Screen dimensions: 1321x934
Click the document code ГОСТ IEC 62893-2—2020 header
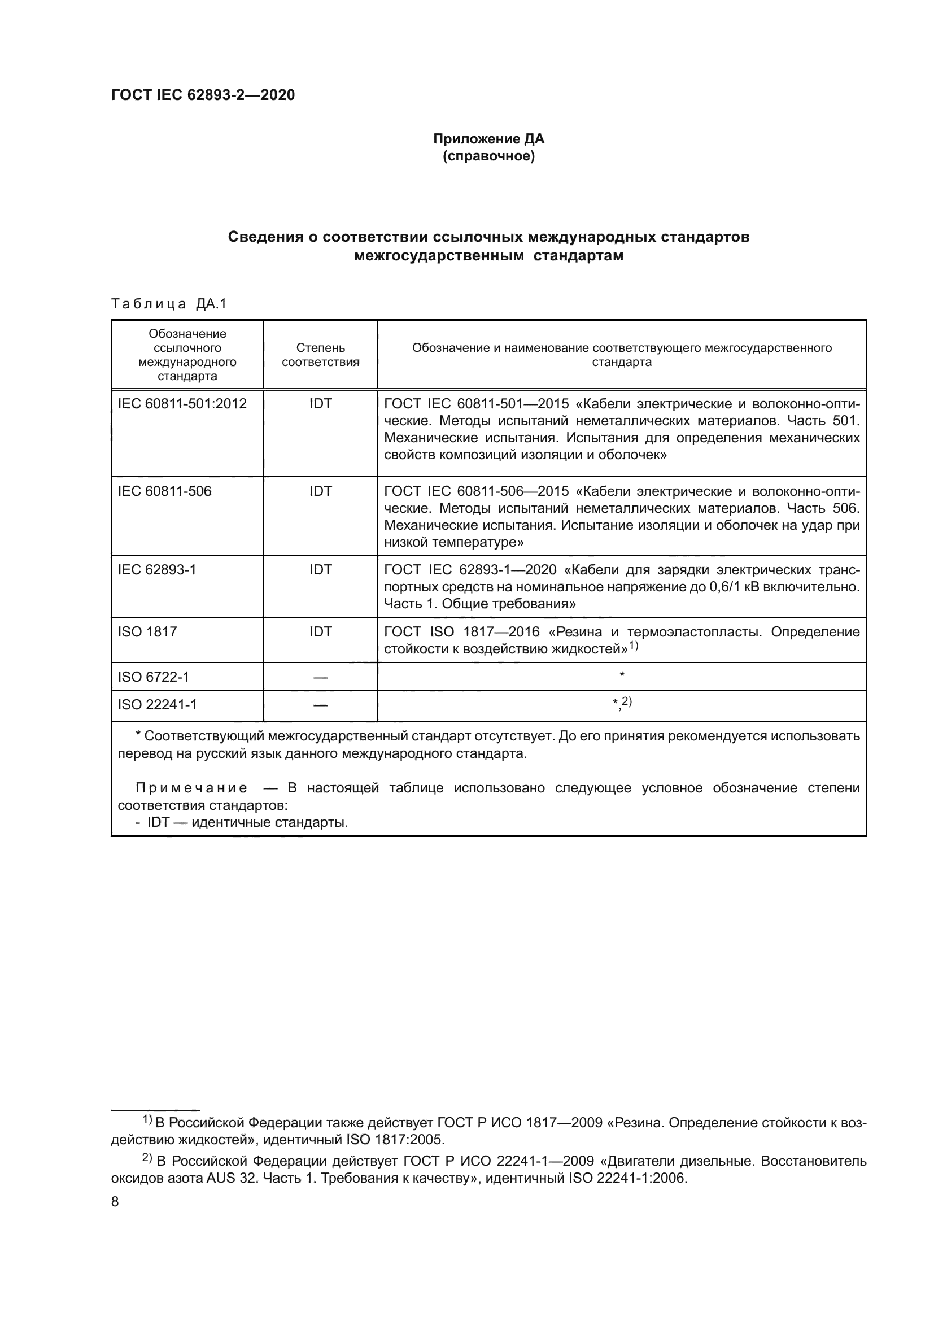(x=203, y=95)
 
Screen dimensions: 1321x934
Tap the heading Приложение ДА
(x=488, y=139)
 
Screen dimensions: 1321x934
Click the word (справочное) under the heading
(x=488, y=156)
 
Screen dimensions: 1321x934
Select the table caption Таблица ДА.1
(x=169, y=304)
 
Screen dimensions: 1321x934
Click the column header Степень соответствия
(x=320, y=355)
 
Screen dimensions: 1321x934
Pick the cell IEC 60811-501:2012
(x=182, y=404)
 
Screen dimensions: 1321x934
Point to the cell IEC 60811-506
(x=164, y=491)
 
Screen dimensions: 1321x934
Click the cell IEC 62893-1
(x=157, y=570)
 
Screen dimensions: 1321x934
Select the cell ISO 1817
(x=147, y=632)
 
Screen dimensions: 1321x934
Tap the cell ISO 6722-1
(x=154, y=677)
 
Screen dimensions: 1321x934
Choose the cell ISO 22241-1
(x=157, y=705)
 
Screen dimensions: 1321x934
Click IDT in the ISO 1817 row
(x=320, y=632)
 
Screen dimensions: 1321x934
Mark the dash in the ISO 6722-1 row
(x=320, y=678)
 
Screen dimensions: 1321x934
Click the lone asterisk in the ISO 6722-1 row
(x=622, y=675)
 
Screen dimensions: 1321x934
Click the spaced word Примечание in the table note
(x=191, y=788)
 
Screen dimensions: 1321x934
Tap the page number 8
(x=115, y=1202)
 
